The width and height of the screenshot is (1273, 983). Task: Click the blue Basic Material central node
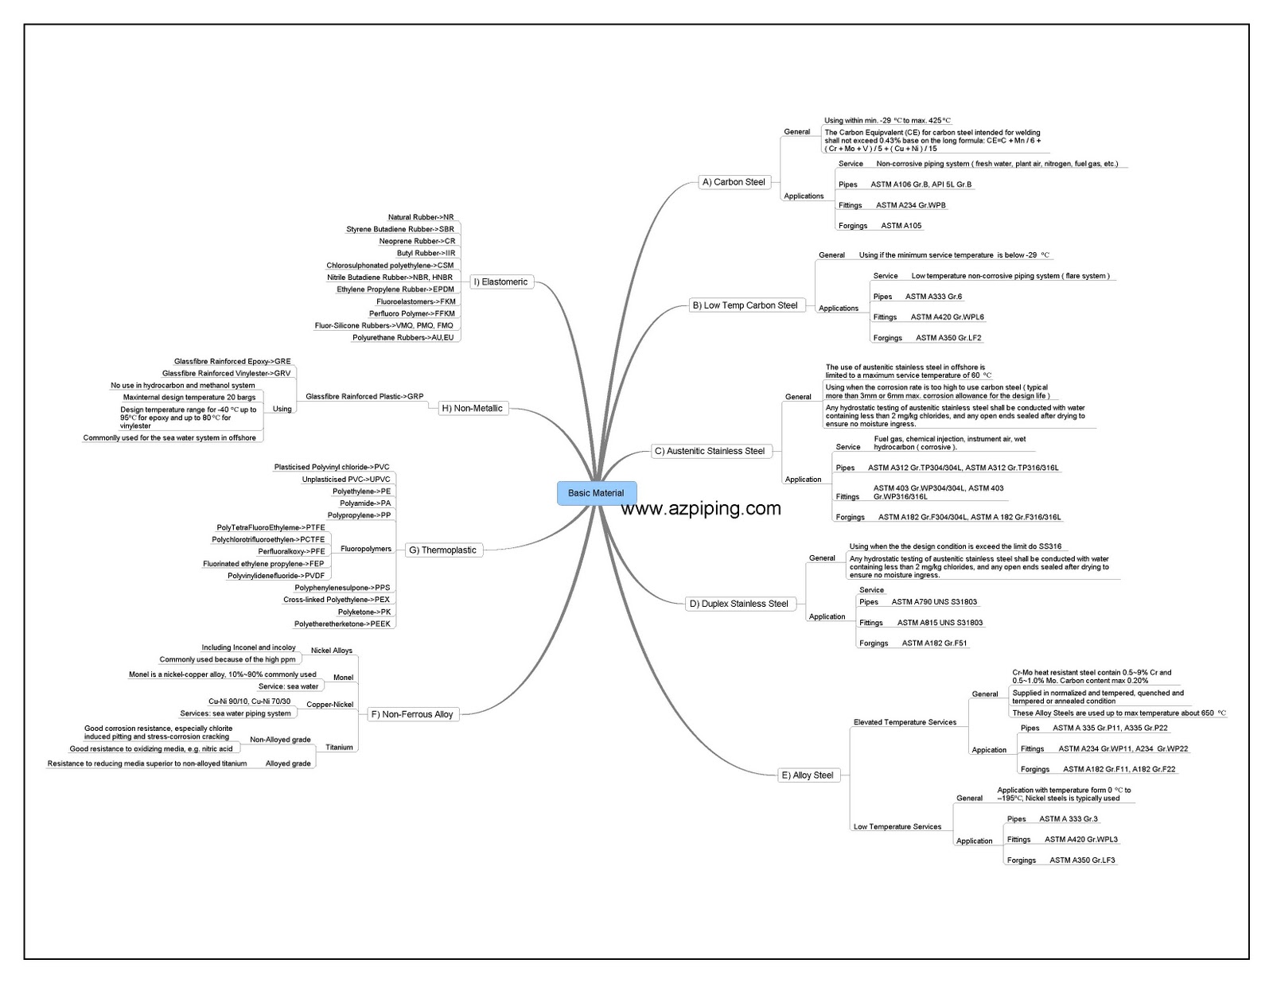click(x=596, y=493)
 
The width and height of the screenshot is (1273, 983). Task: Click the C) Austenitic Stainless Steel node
click(x=710, y=451)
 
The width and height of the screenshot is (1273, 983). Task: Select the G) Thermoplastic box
click(x=448, y=550)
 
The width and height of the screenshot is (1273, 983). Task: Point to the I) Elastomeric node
click(x=504, y=282)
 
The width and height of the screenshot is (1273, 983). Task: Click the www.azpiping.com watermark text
click(x=700, y=508)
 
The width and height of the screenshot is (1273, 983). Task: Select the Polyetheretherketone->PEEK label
click(x=342, y=624)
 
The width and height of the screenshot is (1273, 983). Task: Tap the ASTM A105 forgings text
click(x=901, y=226)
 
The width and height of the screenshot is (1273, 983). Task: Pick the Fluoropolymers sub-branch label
click(x=365, y=549)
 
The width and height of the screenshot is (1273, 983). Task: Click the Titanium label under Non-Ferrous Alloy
click(x=339, y=748)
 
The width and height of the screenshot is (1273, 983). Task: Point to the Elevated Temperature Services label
click(x=905, y=722)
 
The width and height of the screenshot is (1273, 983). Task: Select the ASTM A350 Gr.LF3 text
click(x=1081, y=861)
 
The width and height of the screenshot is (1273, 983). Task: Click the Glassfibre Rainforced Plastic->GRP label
click(x=364, y=396)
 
